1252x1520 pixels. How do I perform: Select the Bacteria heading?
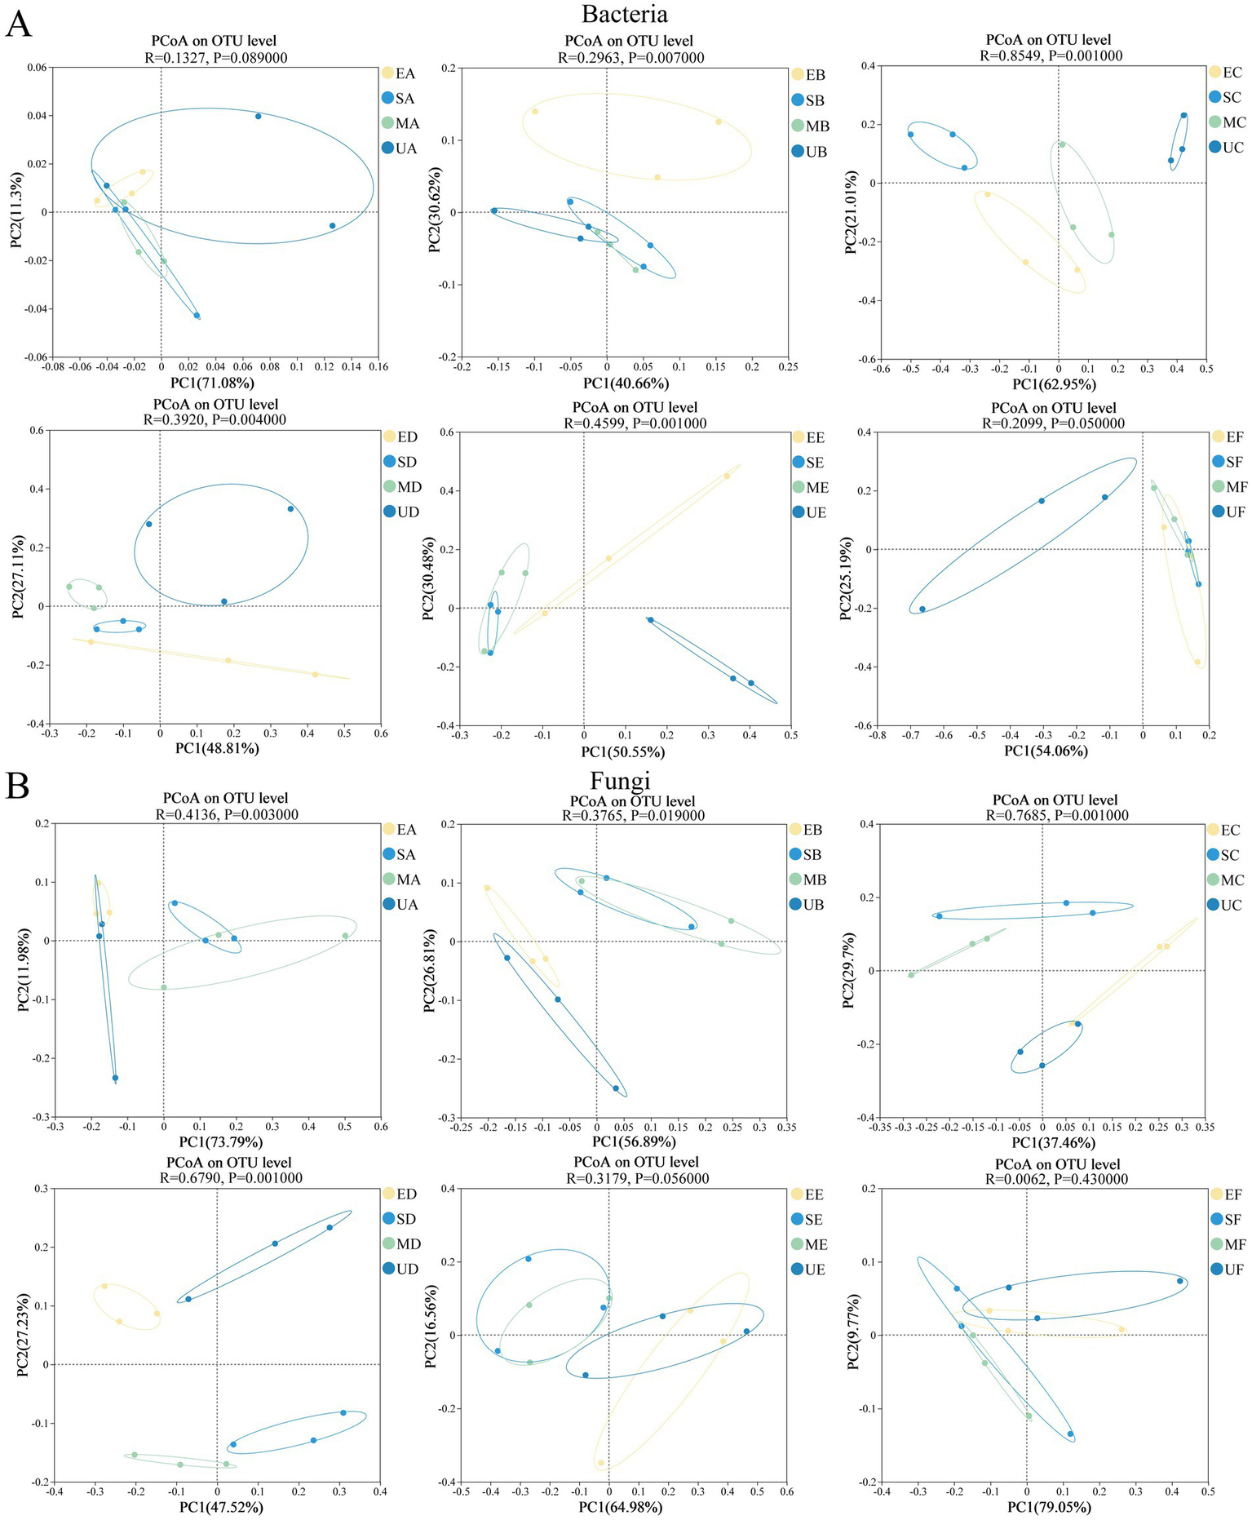pyautogui.click(x=624, y=14)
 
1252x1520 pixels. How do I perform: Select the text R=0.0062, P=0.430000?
pyautogui.click(x=1056, y=1179)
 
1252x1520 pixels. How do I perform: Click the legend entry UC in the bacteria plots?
pyautogui.click(x=1232, y=148)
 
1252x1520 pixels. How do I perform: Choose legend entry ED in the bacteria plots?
pyautogui.click(x=407, y=437)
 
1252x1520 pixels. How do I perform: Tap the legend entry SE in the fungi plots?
pyautogui.click(x=813, y=1220)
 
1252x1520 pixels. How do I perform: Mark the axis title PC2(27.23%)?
pyautogui.click(x=23, y=1332)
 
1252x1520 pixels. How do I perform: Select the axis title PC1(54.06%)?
pyautogui.click(x=1046, y=751)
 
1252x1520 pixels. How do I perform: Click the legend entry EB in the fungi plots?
pyautogui.click(x=812, y=830)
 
